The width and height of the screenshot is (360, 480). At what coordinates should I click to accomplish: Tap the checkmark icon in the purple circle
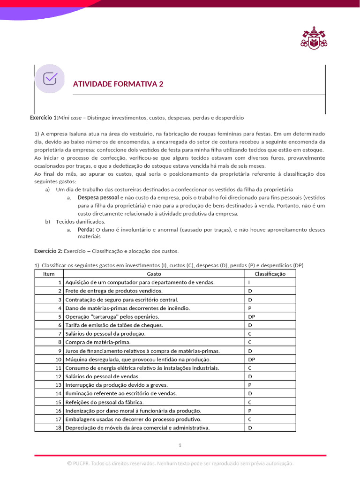click(50, 78)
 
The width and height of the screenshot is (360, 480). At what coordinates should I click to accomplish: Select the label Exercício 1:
click(44, 118)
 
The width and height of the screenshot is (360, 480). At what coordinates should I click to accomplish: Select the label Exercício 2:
click(48, 251)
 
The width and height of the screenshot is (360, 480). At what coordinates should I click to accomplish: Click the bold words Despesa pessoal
click(95, 198)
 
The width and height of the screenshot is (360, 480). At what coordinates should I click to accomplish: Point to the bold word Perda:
click(86, 230)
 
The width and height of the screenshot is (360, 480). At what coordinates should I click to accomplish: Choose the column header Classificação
click(270, 274)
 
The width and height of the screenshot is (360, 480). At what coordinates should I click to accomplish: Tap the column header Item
click(49, 274)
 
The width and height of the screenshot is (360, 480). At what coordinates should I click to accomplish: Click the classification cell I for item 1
click(249, 282)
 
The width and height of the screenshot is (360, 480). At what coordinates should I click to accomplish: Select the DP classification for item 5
click(252, 316)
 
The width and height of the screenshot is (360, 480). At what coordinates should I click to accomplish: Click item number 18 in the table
click(59, 427)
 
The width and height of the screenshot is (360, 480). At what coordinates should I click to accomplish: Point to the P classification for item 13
click(250, 385)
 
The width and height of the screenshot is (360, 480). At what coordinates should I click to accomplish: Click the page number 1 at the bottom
click(180, 445)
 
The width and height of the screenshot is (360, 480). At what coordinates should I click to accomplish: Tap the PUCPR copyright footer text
click(180, 463)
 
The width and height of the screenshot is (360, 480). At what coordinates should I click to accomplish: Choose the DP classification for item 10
click(252, 359)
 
